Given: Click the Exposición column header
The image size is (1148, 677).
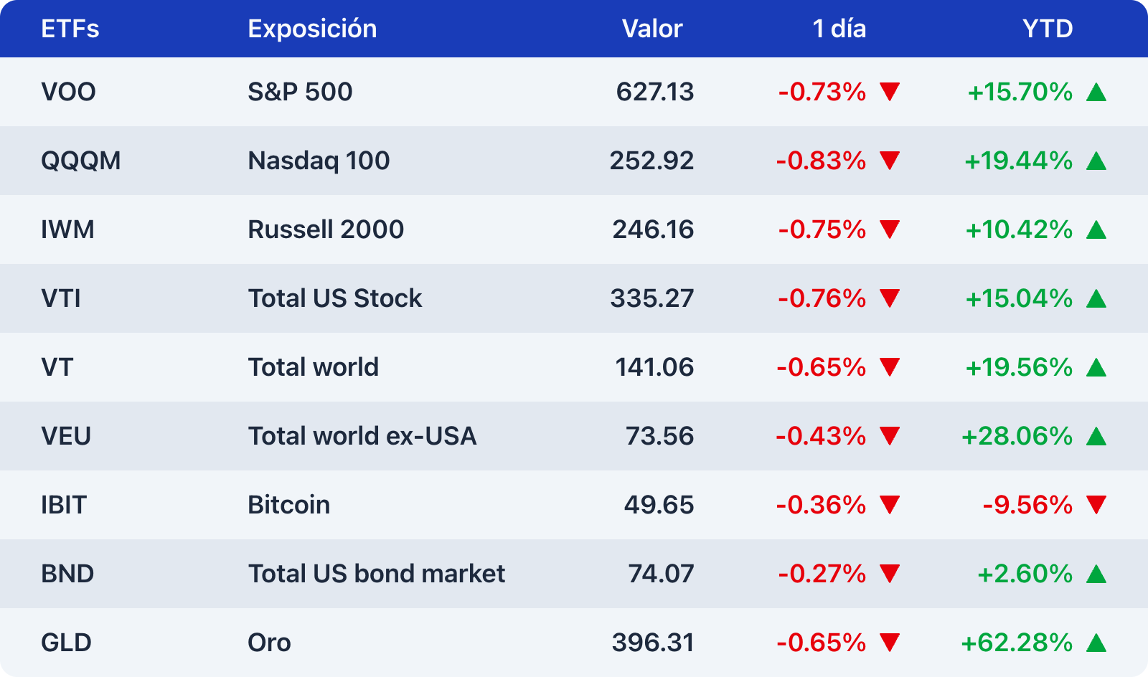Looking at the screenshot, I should (312, 29).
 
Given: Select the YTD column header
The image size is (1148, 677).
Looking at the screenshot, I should (1048, 29).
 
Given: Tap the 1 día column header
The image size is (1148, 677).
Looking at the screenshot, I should (839, 29).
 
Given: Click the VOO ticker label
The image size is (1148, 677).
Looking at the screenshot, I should (68, 92).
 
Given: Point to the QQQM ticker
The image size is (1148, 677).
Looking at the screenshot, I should (80, 161).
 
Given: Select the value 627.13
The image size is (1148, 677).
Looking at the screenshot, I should (654, 92).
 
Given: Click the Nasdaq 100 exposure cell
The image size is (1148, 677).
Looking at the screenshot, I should (319, 161).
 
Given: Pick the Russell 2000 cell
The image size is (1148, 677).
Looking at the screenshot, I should (326, 229).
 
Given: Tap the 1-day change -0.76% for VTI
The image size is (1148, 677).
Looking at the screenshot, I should (822, 298).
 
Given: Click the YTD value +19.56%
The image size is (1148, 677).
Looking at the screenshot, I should (1019, 367).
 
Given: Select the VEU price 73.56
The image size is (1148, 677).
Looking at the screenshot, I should (659, 436).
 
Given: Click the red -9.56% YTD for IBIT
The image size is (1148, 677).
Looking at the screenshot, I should (1027, 505).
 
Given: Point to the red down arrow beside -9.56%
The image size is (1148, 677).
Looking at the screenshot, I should (1096, 505).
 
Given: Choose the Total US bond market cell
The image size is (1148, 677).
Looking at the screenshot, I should (377, 574).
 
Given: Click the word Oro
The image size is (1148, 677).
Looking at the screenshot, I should (269, 643).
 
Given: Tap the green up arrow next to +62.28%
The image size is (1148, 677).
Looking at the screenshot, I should (1096, 643).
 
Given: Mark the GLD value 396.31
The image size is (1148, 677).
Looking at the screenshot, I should (653, 643).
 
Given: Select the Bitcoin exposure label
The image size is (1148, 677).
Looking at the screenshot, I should (288, 505).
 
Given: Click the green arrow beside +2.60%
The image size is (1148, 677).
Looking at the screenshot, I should (1096, 574).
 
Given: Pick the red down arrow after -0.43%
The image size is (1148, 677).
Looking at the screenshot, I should (890, 436).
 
